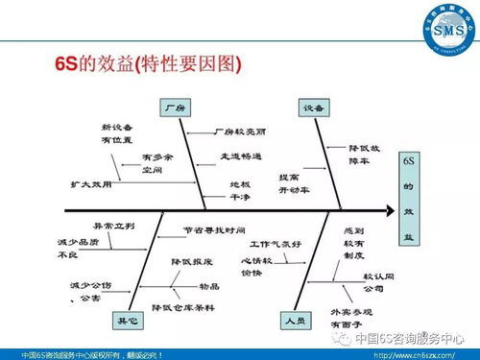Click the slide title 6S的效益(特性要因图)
pyautogui.click(x=147, y=65)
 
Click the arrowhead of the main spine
pyautogui.click(x=388, y=208)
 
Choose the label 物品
pyautogui.click(x=208, y=285)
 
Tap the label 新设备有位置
pyautogui.click(x=115, y=132)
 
